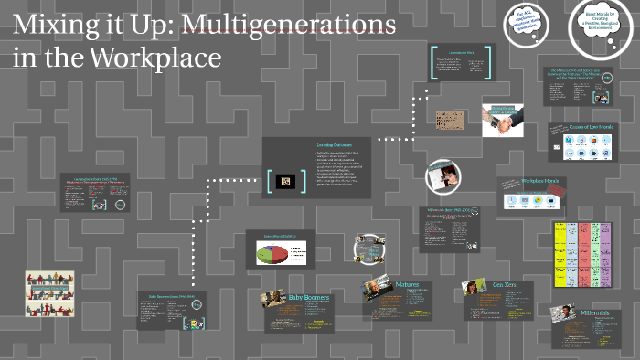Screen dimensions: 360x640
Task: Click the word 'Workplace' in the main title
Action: coord(155,57)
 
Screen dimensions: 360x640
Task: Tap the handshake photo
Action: coord(503,120)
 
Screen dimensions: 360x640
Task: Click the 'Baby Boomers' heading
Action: coord(308,298)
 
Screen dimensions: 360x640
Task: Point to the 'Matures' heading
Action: coord(408,285)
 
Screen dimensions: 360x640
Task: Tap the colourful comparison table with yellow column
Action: coord(580,260)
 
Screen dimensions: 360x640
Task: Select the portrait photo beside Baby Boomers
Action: coord(272,300)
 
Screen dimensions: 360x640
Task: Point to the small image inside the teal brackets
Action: coord(284,181)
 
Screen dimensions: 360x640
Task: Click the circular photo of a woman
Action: coord(443,175)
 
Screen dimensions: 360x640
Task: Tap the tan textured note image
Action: coord(451,120)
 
